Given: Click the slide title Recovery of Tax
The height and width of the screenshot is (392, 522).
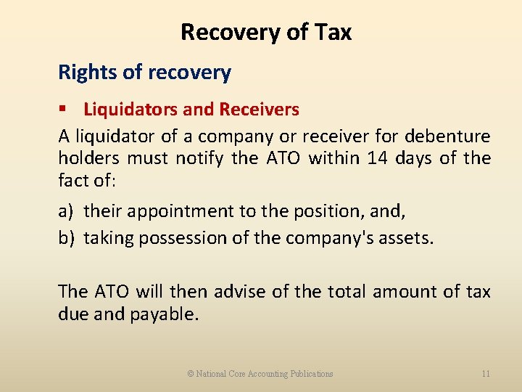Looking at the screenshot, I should [x=265, y=32].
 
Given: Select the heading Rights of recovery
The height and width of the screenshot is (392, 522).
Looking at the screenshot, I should [x=144, y=73].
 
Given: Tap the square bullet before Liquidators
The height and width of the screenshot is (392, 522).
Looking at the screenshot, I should [x=64, y=110].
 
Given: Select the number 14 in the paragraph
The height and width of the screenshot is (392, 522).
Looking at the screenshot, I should [x=377, y=158].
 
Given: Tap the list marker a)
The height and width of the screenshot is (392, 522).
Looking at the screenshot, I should [x=66, y=211].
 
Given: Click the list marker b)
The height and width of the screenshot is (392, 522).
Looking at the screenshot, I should [x=66, y=238].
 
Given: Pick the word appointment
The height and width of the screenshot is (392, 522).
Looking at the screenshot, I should [x=174, y=211].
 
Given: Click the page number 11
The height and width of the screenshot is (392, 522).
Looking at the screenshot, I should [x=485, y=374].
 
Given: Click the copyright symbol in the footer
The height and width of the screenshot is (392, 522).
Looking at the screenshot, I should [x=191, y=374].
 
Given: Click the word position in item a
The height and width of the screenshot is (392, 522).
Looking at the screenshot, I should [x=323, y=211].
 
